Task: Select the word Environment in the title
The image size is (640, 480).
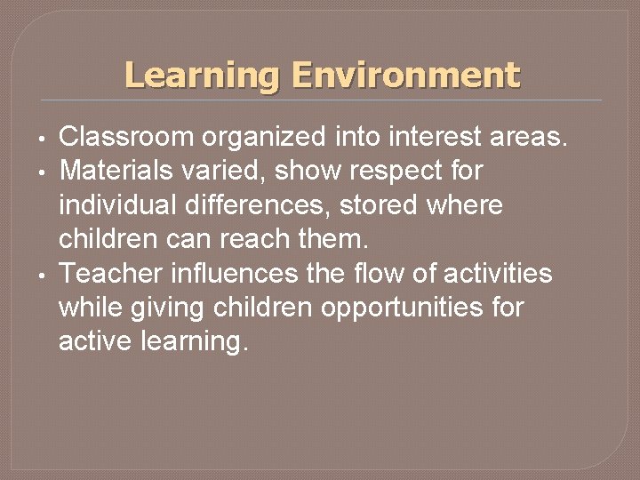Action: [x=405, y=75]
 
